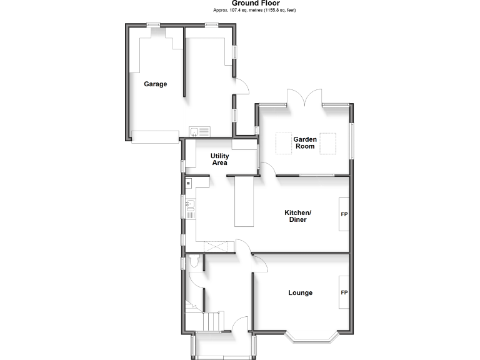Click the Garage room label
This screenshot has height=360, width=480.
click(156, 84)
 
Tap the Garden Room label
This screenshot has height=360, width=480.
click(305, 142)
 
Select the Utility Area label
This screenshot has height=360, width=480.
click(219, 159)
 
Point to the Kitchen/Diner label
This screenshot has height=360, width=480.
click(297, 216)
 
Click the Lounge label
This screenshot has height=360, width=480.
click(300, 292)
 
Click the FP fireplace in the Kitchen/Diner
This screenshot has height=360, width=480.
click(344, 214)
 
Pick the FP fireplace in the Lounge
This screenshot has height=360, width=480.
click(344, 292)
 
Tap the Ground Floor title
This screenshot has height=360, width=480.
click(240, 3)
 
